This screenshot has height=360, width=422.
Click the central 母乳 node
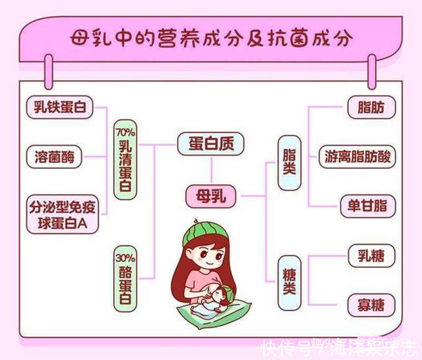(210, 196)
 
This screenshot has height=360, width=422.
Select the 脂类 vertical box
(289, 162)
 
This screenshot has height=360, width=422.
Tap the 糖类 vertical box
(289, 282)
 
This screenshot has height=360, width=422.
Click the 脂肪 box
(371, 108)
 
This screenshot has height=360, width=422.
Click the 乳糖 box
(371, 256)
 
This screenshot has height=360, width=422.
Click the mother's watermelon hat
(202, 230)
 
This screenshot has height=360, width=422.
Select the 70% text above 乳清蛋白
(125, 132)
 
